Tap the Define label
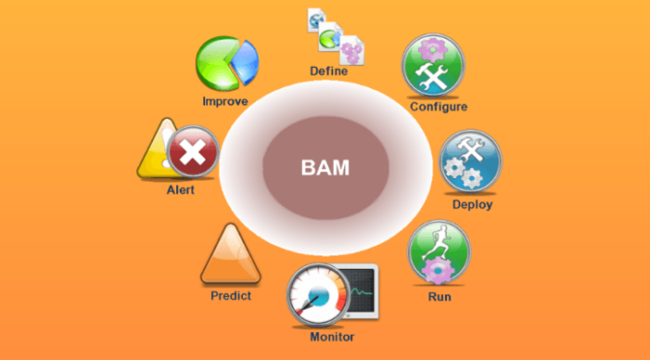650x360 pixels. (x=328, y=71)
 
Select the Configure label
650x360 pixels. (x=438, y=106)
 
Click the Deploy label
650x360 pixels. (x=472, y=204)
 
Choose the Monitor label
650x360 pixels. (x=332, y=337)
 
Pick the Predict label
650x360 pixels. (x=230, y=295)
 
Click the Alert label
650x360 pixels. (x=180, y=190)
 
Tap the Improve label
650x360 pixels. (x=224, y=101)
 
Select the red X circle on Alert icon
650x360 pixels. (x=192, y=152)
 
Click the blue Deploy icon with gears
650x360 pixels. (x=470, y=162)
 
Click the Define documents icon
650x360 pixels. (x=330, y=33)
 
